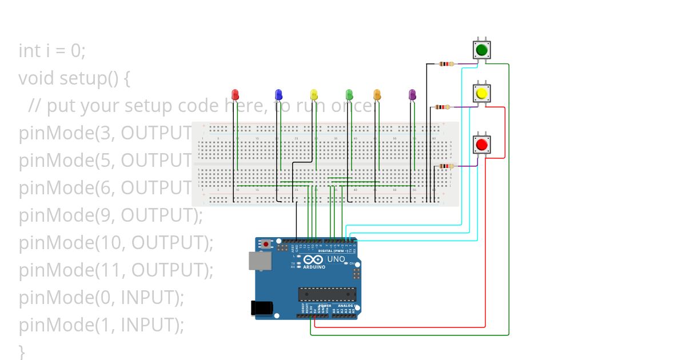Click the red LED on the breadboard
pos(235,94)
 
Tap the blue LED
pos(278,94)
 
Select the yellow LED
pos(313,94)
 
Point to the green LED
pos(349,94)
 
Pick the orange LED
pos(377,94)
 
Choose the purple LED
pos(412,94)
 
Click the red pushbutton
pos(481,143)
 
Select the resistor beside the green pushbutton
pos(446,64)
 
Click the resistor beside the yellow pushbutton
pos(442,106)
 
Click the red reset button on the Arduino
pos(266,244)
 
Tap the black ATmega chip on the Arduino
pos(327,295)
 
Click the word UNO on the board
pos(337,259)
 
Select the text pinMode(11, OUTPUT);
pos(116,270)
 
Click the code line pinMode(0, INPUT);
pos(102,297)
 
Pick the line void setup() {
pos(74,78)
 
